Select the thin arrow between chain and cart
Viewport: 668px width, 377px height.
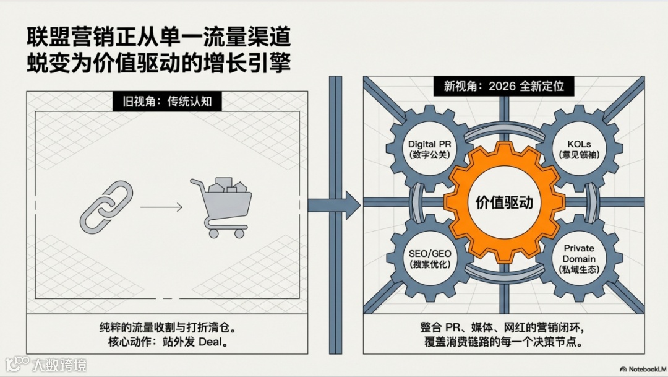[x=161, y=207]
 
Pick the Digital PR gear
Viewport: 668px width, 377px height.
[x=429, y=149]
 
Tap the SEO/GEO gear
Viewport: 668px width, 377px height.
[x=429, y=258]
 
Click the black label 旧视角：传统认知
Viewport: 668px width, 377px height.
[x=167, y=101]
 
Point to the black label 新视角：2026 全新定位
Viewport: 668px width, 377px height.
[x=504, y=86]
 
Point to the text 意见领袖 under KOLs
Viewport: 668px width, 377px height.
[x=579, y=154]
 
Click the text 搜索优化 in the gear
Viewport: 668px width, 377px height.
[x=429, y=264]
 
